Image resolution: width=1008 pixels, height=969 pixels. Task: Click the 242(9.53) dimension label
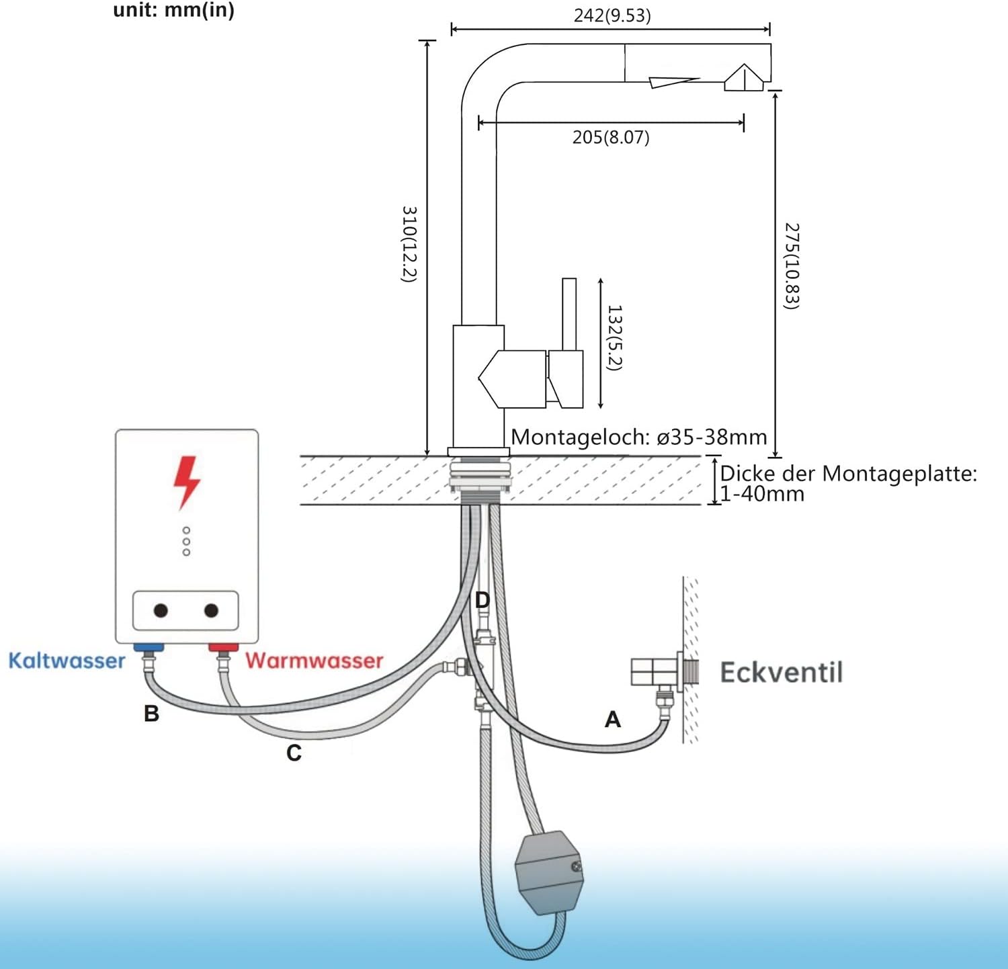tap(612, 15)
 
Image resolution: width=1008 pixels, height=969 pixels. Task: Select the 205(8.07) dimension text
tap(611, 137)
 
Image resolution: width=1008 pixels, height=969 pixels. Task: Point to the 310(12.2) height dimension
tap(409, 244)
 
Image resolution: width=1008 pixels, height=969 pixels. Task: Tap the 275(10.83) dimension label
tap(792, 266)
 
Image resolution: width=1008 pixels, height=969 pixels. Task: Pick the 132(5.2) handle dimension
tap(615, 338)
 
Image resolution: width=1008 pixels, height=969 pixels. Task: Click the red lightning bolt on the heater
tap(187, 482)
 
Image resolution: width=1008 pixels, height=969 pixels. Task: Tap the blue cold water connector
tap(149, 648)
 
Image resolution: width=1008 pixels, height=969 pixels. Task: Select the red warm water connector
tap(223, 648)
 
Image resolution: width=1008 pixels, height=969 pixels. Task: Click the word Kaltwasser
tap(67, 661)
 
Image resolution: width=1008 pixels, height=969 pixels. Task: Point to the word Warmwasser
tap(314, 661)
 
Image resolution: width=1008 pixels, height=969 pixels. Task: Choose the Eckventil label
tap(782, 673)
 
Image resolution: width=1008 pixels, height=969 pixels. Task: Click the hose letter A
tap(612, 720)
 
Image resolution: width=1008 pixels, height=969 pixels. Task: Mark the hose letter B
tap(152, 713)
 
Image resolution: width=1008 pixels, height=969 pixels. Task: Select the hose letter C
tap(294, 753)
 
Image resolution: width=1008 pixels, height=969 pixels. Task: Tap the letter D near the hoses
tap(482, 599)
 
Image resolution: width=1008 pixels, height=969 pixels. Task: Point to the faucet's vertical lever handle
tap(569, 314)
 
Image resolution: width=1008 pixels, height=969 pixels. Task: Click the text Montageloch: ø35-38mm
tap(639, 437)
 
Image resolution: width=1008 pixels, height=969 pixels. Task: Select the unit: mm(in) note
tap(174, 10)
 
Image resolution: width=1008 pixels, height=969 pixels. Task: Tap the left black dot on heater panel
tap(161, 610)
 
